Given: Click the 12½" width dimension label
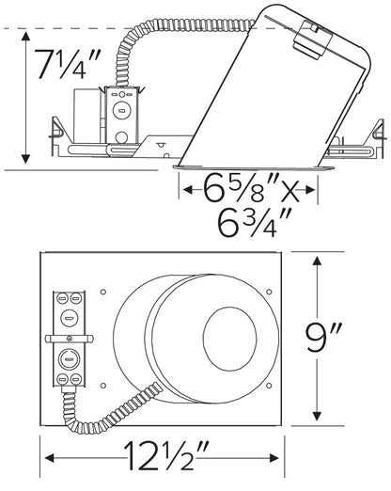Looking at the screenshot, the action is [x=166, y=455].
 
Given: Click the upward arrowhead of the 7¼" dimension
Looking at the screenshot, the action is [x=25, y=36].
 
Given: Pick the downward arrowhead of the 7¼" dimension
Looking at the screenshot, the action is [x=25, y=159].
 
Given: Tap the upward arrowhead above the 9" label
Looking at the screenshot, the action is [x=317, y=261].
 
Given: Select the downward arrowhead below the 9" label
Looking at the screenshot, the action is [x=317, y=416].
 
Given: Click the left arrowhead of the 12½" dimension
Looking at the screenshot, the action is [x=50, y=458].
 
